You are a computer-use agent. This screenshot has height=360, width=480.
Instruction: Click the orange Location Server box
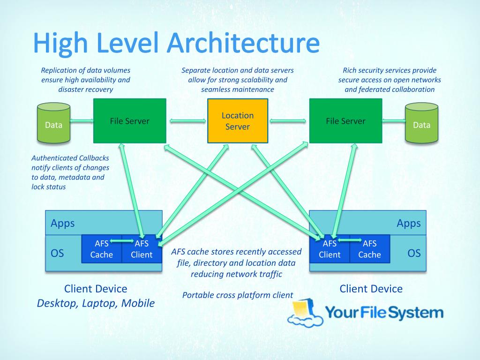point(238,121)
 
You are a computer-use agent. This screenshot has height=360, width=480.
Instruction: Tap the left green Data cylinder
point(53,124)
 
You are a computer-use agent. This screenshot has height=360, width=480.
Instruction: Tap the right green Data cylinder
point(421,124)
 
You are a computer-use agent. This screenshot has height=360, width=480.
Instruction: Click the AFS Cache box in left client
point(102,248)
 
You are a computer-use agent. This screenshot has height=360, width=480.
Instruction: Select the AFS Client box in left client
point(142,248)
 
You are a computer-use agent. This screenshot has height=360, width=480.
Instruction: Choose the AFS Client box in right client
point(330,248)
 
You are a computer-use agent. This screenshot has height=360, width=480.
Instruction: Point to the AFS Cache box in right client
point(370,248)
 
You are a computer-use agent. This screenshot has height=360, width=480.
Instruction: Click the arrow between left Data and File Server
point(82,121)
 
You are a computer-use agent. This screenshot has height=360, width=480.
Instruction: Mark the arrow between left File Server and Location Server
point(187,121)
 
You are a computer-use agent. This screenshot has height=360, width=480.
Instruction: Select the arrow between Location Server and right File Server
point(288,121)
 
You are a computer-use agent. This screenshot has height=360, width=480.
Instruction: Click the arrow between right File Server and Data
point(394,121)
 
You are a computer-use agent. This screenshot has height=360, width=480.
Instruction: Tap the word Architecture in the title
point(243,43)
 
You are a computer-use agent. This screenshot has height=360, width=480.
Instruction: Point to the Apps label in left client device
point(63,223)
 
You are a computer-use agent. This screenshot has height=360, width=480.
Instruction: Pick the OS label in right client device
point(414,253)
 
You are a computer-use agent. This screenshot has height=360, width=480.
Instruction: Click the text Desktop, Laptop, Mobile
point(96,303)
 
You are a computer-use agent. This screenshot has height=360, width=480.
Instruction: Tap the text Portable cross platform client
point(237,295)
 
